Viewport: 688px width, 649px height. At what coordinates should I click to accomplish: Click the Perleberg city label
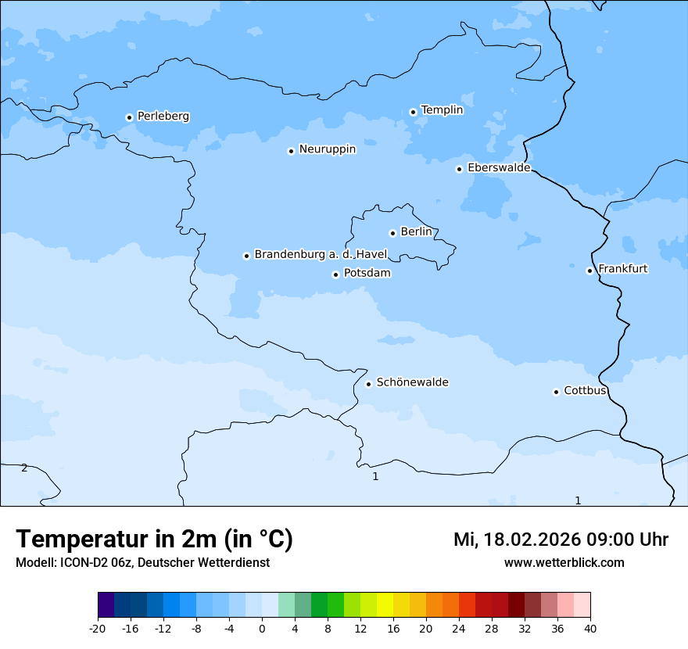[163, 117]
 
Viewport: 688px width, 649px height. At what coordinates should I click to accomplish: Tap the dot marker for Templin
[413, 112]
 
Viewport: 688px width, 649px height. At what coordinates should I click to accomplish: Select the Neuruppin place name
[327, 149]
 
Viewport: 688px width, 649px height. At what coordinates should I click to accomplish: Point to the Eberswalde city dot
[459, 169]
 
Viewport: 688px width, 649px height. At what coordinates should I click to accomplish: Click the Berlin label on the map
[416, 232]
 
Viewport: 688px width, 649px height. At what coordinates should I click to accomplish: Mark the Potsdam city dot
[335, 274]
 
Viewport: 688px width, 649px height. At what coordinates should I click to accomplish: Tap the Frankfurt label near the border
[622, 269]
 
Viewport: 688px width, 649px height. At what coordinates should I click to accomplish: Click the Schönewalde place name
[412, 382]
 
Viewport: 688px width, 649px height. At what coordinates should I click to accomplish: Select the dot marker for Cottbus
[556, 392]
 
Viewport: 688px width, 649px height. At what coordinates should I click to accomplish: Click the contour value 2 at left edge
[24, 468]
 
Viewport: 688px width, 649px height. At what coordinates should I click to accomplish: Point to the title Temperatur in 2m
[154, 539]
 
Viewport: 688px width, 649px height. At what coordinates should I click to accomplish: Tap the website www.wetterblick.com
[564, 562]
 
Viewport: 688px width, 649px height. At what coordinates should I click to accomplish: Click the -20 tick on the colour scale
[98, 629]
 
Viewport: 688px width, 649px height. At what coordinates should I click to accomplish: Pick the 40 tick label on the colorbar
[590, 629]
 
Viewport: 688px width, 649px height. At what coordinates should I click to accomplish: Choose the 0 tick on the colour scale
[262, 629]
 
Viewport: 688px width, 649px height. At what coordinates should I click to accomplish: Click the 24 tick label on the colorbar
[459, 629]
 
